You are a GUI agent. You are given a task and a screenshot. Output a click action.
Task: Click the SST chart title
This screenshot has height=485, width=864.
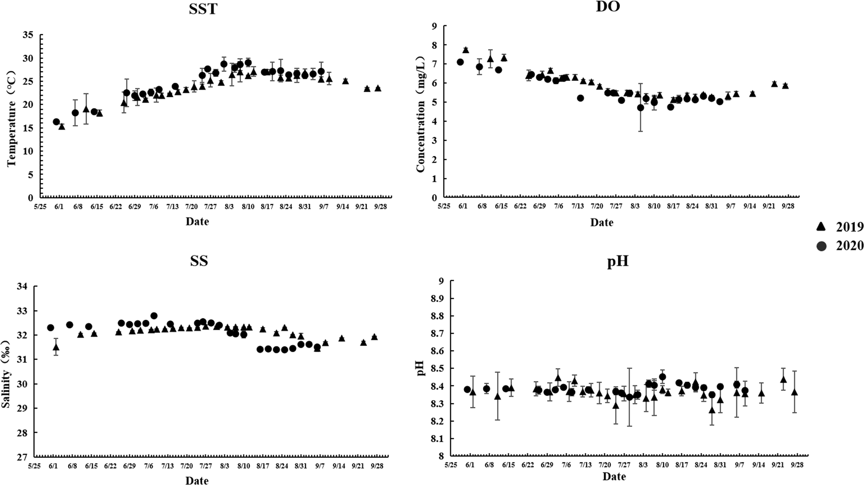tap(203, 9)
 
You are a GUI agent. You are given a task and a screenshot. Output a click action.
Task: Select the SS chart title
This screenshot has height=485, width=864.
tap(199, 261)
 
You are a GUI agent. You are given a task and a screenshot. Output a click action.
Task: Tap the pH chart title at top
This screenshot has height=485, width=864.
tap(618, 262)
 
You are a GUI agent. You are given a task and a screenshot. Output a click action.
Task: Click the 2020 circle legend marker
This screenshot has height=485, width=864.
tap(822, 246)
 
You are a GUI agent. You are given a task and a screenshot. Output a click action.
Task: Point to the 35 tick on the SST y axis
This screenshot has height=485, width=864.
tap(29, 35)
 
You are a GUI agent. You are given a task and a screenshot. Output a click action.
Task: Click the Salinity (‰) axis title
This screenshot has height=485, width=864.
tap(6, 374)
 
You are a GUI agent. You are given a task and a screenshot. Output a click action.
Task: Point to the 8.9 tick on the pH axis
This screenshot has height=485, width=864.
tap(438, 299)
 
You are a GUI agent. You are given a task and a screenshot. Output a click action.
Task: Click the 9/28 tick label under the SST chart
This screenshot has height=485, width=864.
tap(381, 207)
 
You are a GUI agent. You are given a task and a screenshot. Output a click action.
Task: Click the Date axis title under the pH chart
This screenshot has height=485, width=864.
tap(614, 477)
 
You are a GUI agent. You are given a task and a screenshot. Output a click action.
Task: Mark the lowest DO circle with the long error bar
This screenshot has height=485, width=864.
tap(640, 108)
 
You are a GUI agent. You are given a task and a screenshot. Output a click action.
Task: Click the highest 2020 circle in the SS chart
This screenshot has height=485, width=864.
tap(154, 315)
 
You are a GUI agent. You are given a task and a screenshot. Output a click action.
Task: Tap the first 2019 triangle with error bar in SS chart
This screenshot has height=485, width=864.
tap(56, 347)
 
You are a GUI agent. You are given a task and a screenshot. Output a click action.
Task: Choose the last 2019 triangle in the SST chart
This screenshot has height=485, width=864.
tap(378, 88)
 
